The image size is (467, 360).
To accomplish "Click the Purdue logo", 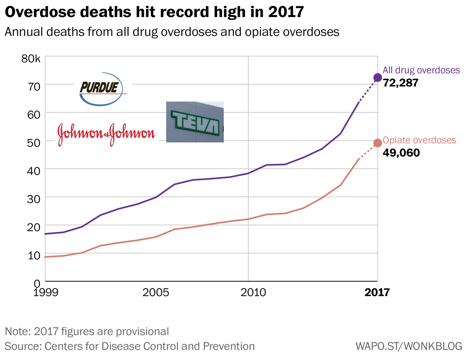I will tap(100, 89).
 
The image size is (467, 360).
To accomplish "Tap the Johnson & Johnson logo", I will tap(106, 134).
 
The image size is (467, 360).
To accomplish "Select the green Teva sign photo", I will tap(195, 122).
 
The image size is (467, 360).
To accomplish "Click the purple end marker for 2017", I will tap(378, 78).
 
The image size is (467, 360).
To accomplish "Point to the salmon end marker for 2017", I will tap(378, 143).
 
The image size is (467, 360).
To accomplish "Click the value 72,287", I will tap(400, 83).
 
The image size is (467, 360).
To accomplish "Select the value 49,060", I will tap(401, 153).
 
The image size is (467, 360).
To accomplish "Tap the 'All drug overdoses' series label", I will tap(421, 70).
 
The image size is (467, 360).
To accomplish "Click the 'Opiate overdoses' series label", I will tap(419, 140).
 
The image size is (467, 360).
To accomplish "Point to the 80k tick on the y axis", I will tap(31, 58).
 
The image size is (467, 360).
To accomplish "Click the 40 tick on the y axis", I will tap(34, 171).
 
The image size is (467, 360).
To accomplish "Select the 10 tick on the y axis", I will tap(34, 255).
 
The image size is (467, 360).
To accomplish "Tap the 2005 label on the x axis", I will tap(156, 292).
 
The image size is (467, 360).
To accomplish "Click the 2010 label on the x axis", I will tap(253, 292).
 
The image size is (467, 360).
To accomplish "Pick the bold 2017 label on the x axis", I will tap(377, 292).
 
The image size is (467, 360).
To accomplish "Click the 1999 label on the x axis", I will tap(46, 292).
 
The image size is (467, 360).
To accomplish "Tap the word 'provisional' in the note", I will tap(142, 331).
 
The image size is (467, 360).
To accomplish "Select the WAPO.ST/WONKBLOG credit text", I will tap(409, 346).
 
